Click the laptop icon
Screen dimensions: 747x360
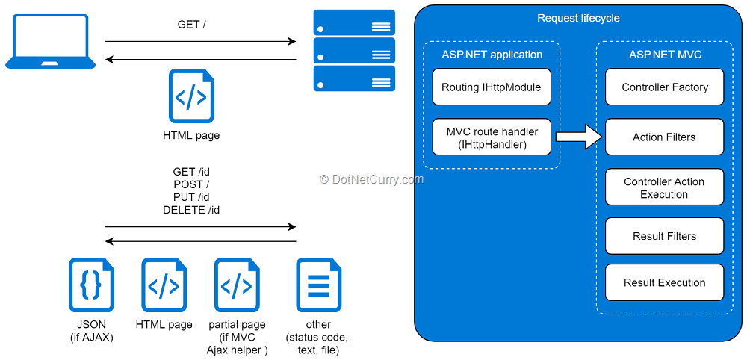coord(50,41)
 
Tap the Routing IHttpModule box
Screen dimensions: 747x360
coord(492,87)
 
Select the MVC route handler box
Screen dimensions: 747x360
coord(492,137)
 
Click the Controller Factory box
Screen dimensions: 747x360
coord(665,87)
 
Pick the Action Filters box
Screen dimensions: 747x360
coord(665,137)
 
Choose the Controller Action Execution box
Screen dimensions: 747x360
coord(665,187)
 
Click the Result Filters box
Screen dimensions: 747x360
coord(665,236)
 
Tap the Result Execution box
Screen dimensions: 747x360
coord(665,282)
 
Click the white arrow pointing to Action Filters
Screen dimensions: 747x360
coord(579,137)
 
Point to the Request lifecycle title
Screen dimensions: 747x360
coord(578,19)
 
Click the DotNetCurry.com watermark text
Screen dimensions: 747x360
coord(371,179)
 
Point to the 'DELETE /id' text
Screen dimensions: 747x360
coord(191,210)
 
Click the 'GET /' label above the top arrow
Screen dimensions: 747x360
coord(191,25)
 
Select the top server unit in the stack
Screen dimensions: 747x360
coord(354,22)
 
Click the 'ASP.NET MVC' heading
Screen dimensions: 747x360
coord(665,55)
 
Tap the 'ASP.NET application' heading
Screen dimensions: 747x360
coord(492,55)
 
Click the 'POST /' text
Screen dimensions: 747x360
coord(191,184)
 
